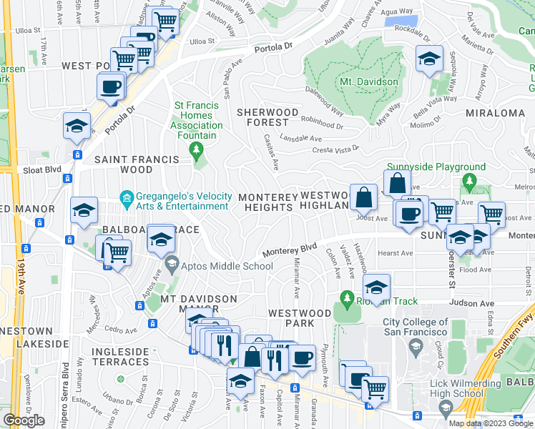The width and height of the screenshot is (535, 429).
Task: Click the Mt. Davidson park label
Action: (x=368, y=82)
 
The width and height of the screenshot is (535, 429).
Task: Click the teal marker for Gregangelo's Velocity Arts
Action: (x=127, y=197)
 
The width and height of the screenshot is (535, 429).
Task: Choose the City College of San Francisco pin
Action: (x=416, y=347)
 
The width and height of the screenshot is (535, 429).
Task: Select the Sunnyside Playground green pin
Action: (x=468, y=180)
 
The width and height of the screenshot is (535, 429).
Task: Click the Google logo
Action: (x=24, y=420)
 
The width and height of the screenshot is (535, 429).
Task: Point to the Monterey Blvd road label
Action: (x=289, y=250)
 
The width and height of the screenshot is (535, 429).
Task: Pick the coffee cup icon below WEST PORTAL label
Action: (x=111, y=87)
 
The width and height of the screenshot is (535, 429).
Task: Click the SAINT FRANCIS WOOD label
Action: (x=117, y=164)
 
